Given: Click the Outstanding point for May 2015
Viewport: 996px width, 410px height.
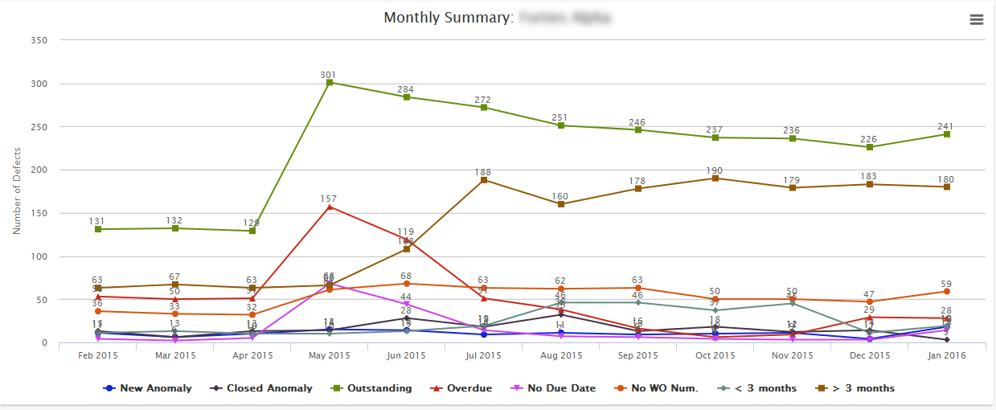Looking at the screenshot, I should pos(329,82).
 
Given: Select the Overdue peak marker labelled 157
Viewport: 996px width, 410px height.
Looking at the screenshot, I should pos(329,207).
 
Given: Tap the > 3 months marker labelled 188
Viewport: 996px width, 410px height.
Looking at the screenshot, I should pos(483,180).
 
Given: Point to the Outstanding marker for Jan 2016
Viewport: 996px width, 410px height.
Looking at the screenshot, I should pos(946,134).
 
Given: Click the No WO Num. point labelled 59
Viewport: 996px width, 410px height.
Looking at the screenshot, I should pos(946,291).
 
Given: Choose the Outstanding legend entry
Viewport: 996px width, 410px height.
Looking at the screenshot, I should pos(379,388).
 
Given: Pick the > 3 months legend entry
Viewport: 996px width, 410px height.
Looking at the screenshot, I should pos(861,388).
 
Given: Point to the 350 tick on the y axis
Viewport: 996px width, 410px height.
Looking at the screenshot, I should pos(38,40).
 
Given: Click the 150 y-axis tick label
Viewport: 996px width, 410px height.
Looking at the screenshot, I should pos(38,213).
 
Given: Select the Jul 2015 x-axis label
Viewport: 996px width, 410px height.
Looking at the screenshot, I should pos(483,355).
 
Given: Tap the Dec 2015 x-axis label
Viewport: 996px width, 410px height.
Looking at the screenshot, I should pos(869,355).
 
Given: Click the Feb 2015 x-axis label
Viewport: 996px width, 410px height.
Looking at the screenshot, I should pos(97,355).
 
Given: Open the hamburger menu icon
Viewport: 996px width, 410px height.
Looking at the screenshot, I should pos(977,20).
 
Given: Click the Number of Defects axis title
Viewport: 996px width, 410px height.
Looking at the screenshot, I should pos(17,191).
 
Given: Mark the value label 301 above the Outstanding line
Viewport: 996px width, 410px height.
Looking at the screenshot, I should pos(328,75).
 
